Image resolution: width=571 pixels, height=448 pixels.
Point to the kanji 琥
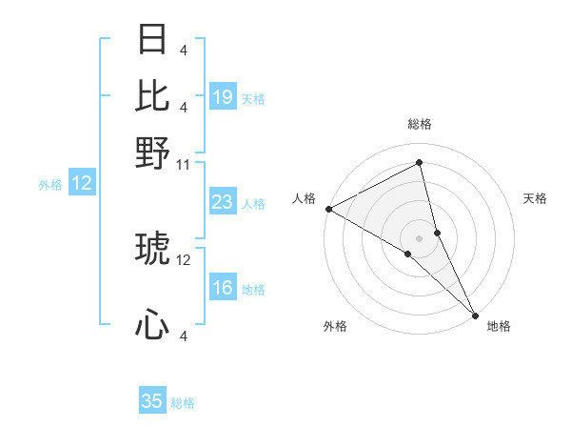click(152, 250)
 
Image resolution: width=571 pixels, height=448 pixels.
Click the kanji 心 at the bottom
click(152, 325)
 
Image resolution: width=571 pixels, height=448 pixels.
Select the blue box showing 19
click(223, 97)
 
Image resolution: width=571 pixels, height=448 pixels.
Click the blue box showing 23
click(223, 202)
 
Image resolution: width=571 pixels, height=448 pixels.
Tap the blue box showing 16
click(223, 289)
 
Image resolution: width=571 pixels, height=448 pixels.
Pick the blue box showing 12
click(82, 184)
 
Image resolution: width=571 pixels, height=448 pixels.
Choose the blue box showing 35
click(152, 401)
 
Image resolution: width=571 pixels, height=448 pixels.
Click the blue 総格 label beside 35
click(183, 403)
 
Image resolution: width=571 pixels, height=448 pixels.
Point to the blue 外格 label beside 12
click(49, 185)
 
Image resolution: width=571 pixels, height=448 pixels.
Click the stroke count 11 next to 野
click(184, 165)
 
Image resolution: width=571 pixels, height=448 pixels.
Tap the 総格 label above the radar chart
click(419, 124)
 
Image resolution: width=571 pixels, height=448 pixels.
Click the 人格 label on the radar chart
click(305, 198)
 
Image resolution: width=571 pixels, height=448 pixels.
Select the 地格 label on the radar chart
click(499, 326)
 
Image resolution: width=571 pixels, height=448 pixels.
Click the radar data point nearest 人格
click(328, 209)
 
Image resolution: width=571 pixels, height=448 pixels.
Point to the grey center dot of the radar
click(419, 237)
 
